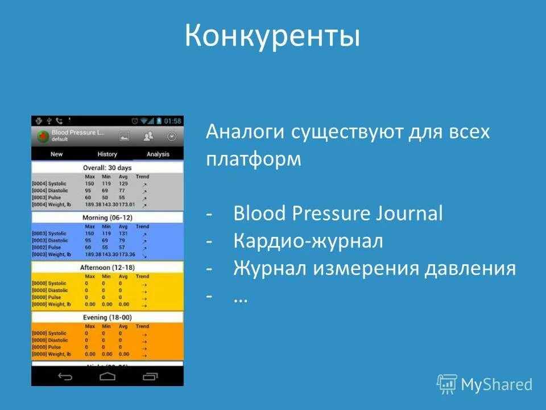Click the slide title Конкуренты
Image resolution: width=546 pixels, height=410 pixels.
pos(272,36)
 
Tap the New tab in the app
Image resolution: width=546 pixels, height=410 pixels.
pos(56,154)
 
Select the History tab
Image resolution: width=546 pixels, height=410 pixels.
pos(107,154)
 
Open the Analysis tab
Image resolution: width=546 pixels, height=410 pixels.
pos(158,154)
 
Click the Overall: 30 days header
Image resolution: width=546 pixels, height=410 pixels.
pos(107,167)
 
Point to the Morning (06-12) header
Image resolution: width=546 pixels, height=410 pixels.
pos(107,218)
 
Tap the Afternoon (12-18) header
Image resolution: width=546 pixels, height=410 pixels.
pos(107,267)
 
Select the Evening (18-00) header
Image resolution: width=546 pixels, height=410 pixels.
pos(107,317)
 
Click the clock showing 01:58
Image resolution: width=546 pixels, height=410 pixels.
pos(172,121)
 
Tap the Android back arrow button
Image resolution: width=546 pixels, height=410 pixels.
pos(65,376)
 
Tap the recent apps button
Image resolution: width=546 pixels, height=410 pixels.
pos(150,376)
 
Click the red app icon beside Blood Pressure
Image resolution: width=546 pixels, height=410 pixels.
pos(42,136)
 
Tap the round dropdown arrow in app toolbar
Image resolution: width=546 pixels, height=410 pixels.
pos(171,136)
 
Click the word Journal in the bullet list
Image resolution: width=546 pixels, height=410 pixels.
pos(410,214)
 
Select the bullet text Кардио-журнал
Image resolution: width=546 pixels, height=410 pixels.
pos(308,241)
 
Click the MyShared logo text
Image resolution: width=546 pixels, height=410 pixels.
pos(497,384)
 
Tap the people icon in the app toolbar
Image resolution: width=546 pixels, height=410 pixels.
pos(148,136)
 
